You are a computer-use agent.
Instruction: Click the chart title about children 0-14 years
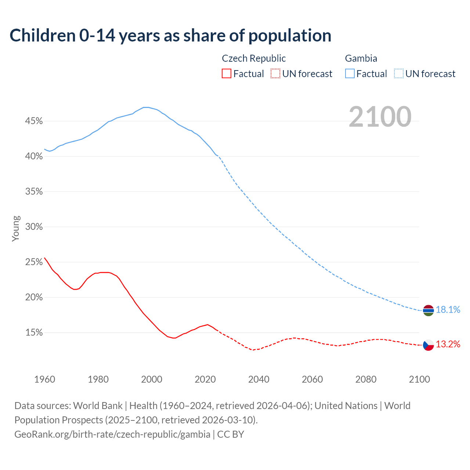pos(170,36)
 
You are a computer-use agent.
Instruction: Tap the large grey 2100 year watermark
pos(380,117)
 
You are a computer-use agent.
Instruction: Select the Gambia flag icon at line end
pos(429,310)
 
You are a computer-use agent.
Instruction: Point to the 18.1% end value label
pos(448,310)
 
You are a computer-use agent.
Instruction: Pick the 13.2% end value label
pos(448,344)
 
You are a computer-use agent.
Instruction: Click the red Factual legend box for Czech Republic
pos(227,74)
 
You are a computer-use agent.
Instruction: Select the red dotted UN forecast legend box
pos(275,74)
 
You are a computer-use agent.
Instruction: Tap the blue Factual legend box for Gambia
pos(350,74)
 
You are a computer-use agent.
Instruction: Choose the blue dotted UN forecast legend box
pos(399,74)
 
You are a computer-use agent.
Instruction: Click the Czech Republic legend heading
pos(254,58)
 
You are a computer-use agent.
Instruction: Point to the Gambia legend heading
pos(361,58)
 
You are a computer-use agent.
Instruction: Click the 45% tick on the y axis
pos(34,121)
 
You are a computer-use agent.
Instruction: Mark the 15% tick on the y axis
pos(34,333)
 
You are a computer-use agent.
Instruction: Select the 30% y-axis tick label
pos(34,227)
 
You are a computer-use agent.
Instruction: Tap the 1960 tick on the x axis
pos(44,379)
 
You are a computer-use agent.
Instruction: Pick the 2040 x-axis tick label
pos(259,379)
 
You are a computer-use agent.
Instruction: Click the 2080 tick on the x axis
pos(366,379)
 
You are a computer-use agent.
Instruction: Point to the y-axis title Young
pos(16,228)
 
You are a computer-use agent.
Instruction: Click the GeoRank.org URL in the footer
pos(112,434)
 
